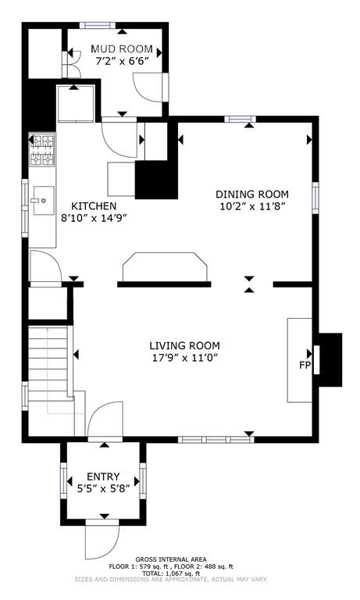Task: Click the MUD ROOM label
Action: coord(121,49)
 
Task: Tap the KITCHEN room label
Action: coord(94,206)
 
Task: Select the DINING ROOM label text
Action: coord(252,195)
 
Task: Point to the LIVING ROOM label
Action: coord(184,346)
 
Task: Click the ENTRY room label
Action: coord(103,477)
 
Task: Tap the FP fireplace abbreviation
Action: coord(305,366)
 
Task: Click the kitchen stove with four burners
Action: coord(42,150)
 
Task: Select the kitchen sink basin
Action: coord(42,201)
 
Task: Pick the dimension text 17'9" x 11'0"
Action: coord(184,358)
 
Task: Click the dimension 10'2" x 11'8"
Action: coord(253,206)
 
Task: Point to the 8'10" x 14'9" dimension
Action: coord(94,218)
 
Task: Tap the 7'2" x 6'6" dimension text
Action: coord(122,61)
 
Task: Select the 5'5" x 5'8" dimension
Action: coord(103,488)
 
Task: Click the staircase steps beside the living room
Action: coord(48,363)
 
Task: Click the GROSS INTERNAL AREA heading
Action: coord(171,559)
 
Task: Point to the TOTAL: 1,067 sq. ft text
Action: coord(171,573)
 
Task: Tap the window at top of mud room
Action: coord(98,25)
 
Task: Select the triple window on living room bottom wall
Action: coord(216,440)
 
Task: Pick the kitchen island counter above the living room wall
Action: coord(165,267)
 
